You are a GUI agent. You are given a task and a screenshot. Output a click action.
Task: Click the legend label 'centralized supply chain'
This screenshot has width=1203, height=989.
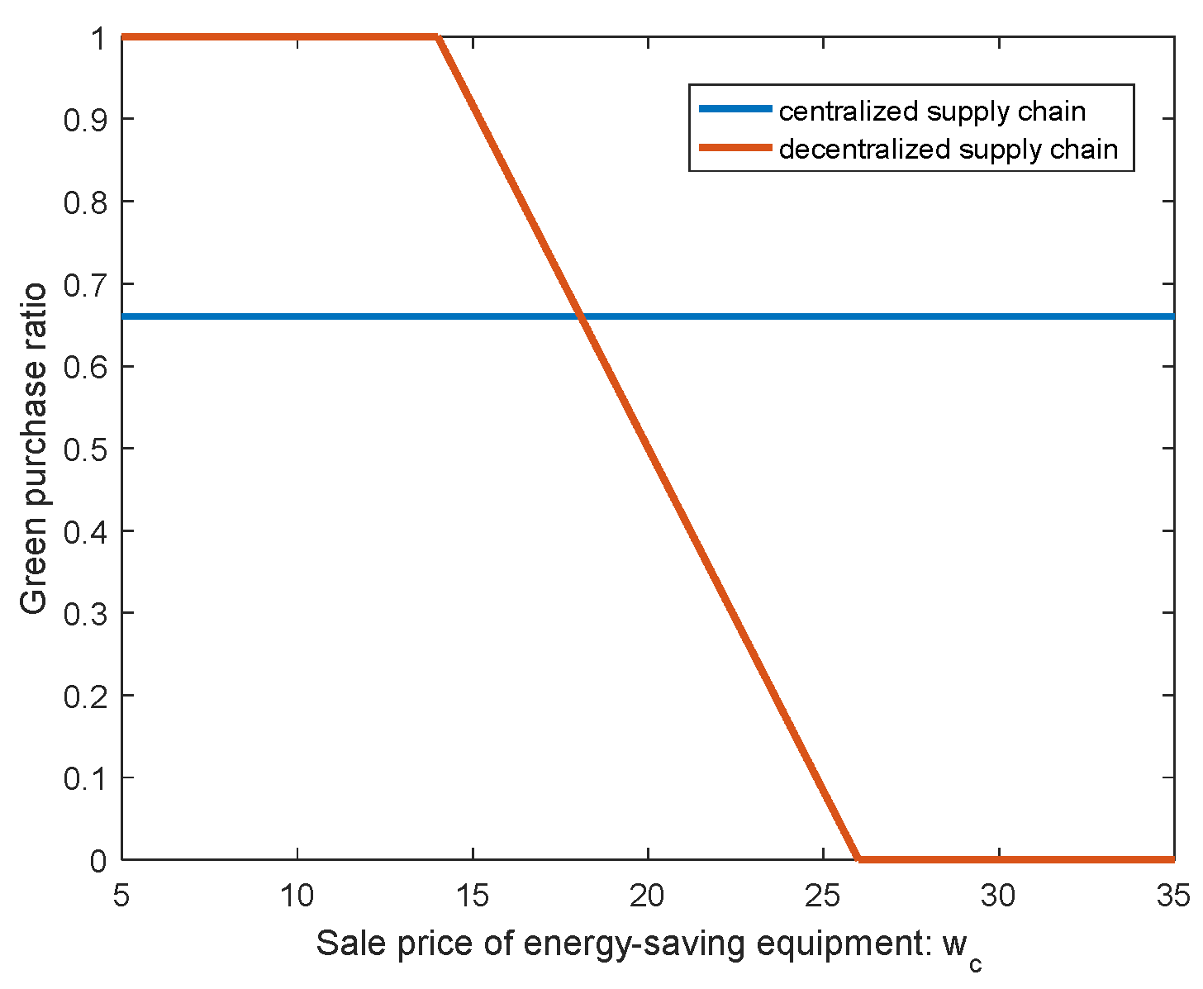tap(932, 111)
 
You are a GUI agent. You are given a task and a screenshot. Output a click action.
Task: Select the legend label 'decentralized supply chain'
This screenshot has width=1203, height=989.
tap(948, 149)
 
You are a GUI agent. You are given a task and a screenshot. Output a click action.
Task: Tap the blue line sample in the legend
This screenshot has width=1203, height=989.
tap(735, 109)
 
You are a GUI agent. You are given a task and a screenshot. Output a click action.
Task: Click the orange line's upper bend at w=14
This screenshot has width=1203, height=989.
tap(437, 37)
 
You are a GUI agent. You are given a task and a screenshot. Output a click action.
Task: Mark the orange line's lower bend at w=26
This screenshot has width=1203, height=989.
tap(858, 859)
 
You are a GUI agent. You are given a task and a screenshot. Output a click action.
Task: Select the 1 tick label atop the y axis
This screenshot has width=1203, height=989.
tap(98, 38)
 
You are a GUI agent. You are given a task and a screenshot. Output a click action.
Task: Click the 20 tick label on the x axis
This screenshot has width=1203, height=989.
tap(648, 896)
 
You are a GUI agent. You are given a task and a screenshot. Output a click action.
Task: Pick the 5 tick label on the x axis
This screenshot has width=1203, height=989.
tap(122, 896)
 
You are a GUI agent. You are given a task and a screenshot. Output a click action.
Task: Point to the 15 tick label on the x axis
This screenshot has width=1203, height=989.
tap(473, 896)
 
